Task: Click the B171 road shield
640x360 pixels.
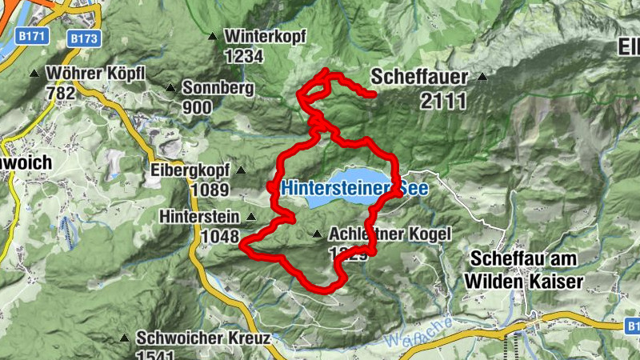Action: tap(30, 38)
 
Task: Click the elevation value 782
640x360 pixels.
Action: tap(61, 93)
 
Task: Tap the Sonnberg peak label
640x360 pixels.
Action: tap(218, 88)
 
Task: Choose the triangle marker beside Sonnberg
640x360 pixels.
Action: tap(170, 87)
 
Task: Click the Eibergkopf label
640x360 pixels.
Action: tap(190, 170)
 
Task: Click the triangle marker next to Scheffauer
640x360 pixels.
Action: tap(482, 78)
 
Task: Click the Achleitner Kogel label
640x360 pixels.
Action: tap(390, 234)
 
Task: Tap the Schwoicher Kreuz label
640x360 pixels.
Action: tap(202, 338)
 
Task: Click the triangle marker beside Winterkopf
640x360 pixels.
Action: tap(212, 36)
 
